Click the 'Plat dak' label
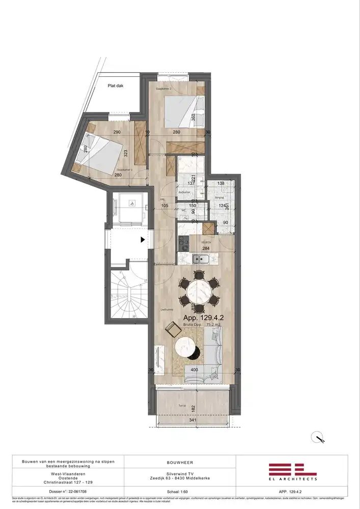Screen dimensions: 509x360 pos(117,86)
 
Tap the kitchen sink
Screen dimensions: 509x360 pos(200,259)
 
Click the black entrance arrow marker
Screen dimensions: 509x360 pos(143,239)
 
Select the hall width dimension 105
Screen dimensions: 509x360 pos(164,206)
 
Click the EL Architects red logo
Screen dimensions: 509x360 pos(293,470)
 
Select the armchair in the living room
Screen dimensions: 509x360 pos(174,330)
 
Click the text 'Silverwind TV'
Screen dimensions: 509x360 pos(179,473)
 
